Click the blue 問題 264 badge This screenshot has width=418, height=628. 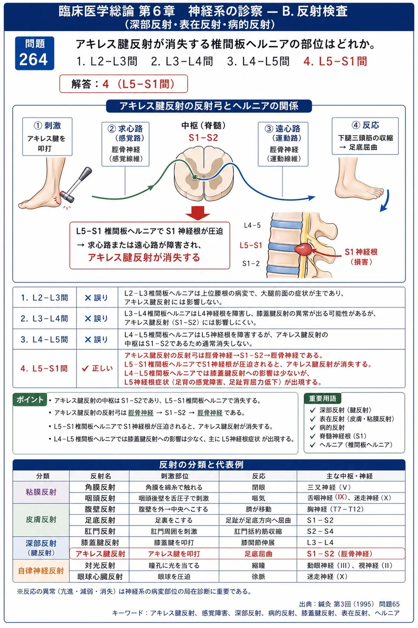tap(34, 53)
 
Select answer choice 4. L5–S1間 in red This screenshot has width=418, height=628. tap(335, 61)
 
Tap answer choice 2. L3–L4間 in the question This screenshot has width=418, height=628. tap(182, 61)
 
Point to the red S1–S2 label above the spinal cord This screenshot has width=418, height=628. tap(203, 138)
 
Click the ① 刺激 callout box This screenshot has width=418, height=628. tap(48, 136)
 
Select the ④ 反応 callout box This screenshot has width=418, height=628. tap(365, 136)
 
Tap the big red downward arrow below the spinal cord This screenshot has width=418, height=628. tap(198, 213)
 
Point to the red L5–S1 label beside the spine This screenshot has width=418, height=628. tap(251, 246)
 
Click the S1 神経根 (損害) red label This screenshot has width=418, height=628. tap(361, 257)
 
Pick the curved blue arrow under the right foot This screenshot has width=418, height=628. tap(385, 201)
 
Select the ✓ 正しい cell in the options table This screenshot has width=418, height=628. tap(97, 368)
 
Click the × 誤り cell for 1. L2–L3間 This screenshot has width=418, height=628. tap(97, 297)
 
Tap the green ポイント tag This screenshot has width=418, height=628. tap(30, 399)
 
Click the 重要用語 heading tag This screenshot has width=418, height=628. tap(322, 398)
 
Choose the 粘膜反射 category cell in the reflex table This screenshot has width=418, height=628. tap(41, 492)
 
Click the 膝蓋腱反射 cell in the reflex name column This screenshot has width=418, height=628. tap(100, 543)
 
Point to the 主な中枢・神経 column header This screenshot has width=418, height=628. tap(349, 476)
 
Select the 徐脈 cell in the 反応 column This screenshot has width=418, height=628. tap(258, 576)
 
